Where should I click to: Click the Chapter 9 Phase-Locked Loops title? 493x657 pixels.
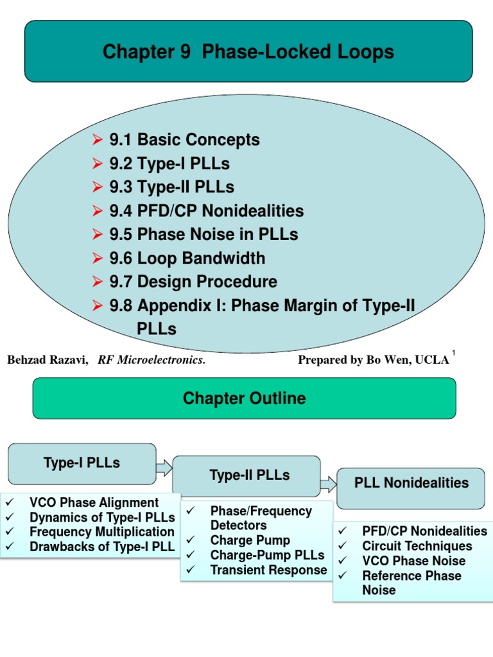coord(248,52)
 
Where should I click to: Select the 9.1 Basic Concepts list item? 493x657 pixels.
coord(184,140)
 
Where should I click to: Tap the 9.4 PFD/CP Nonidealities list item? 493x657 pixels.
coord(206,211)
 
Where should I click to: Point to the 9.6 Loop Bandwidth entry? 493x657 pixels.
coord(187,259)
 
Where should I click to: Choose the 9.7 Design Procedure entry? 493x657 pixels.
coord(193,282)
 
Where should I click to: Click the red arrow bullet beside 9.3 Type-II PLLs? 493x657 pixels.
coord(98,187)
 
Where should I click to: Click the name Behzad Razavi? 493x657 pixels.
coord(48,360)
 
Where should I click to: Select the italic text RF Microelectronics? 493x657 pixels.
coord(151,360)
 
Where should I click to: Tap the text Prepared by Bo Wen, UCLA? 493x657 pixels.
coord(373,360)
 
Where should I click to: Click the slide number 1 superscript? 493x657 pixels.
coord(453,353)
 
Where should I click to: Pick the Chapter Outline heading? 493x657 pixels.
coord(244,398)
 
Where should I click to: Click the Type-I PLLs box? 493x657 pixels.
coord(82,463)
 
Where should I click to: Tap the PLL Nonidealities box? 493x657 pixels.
coord(411,483)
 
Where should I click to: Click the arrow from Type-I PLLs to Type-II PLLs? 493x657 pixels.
coord(164,468)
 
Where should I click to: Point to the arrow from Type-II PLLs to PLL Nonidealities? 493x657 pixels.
coord(329,484)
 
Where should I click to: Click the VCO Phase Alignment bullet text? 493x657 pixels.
coord(94,502)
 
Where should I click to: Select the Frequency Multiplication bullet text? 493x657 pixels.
coord(101,532)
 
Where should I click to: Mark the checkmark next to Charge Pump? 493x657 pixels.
coord(191,541)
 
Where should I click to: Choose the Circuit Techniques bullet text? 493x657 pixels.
coord(417,546)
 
